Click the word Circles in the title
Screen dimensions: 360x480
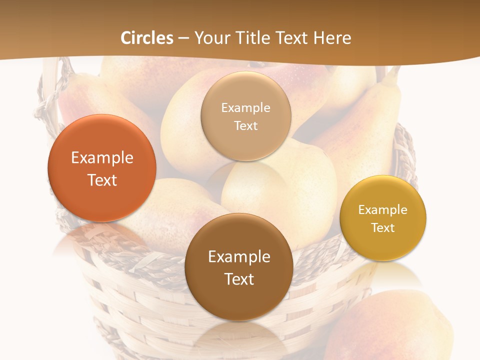(146, 38)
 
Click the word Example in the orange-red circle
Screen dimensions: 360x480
(102, 158)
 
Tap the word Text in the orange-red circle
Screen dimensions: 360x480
(102, 180)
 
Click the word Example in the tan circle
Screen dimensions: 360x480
(245, 107)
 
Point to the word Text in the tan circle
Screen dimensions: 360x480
(245, 125)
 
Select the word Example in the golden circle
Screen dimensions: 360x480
(383, 209)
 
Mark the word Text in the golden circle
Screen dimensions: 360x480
(383, 227)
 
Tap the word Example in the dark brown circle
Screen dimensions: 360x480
(239, 257)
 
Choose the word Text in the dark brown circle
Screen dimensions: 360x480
(239, 279)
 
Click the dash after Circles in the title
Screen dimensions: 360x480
(183, 38)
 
